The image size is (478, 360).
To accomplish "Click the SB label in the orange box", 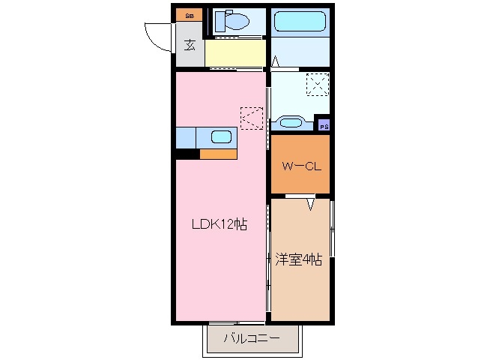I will pos(189,14).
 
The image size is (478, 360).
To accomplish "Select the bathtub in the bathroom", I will pos(300,21).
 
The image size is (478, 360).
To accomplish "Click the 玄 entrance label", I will pos(190,45).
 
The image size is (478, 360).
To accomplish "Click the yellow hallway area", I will pos(235,53).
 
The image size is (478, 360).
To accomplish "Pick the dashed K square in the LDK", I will pos(251,118).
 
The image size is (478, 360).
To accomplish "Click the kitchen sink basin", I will pos(221,137).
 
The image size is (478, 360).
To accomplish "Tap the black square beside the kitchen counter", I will pos(187,154).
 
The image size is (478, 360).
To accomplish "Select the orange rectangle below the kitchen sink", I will pos(218,154).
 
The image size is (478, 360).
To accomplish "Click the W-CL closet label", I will pos(300,166).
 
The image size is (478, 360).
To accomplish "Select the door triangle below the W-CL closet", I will pos(310,202).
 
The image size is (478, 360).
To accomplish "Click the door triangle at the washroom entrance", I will pos(276,61).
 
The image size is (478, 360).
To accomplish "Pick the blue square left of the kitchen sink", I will pos(186,138).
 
